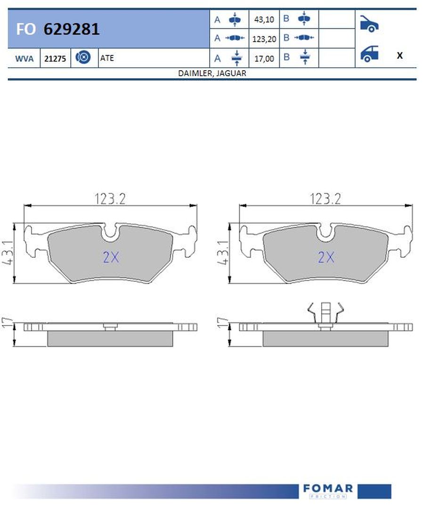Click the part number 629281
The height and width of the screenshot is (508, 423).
(x=72, y=29)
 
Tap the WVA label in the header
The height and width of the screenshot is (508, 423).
(x=24, y=59)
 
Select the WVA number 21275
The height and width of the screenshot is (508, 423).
(x=55, y=59)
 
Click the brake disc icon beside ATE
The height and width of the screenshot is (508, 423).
(x=83, y=57)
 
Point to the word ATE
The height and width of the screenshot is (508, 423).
(x=107, y=58)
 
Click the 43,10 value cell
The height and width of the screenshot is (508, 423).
(x=264, y=19)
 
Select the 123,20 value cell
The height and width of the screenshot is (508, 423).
(x=264, y=39)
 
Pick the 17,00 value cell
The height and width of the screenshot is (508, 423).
(x=264, y=59)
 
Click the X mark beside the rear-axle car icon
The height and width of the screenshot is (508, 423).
(x=399, y=56)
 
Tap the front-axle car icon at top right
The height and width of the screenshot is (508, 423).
(x=369, y=24)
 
